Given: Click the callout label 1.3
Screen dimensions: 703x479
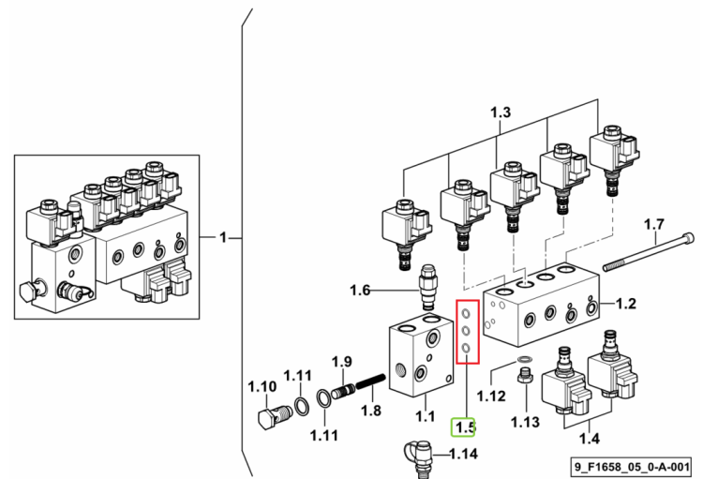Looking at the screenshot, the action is click(x=500, y=112).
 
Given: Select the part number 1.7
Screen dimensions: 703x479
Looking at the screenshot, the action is click(x=653, y=224).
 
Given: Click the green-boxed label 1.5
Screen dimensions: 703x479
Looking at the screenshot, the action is click(x=463, y=427).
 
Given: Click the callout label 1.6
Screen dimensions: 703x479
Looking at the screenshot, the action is click(x=360, y=291).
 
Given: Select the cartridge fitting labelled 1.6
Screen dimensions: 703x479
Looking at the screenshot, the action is click(x=428, y=287).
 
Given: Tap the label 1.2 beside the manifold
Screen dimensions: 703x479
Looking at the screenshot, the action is click(x=626, y=304).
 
